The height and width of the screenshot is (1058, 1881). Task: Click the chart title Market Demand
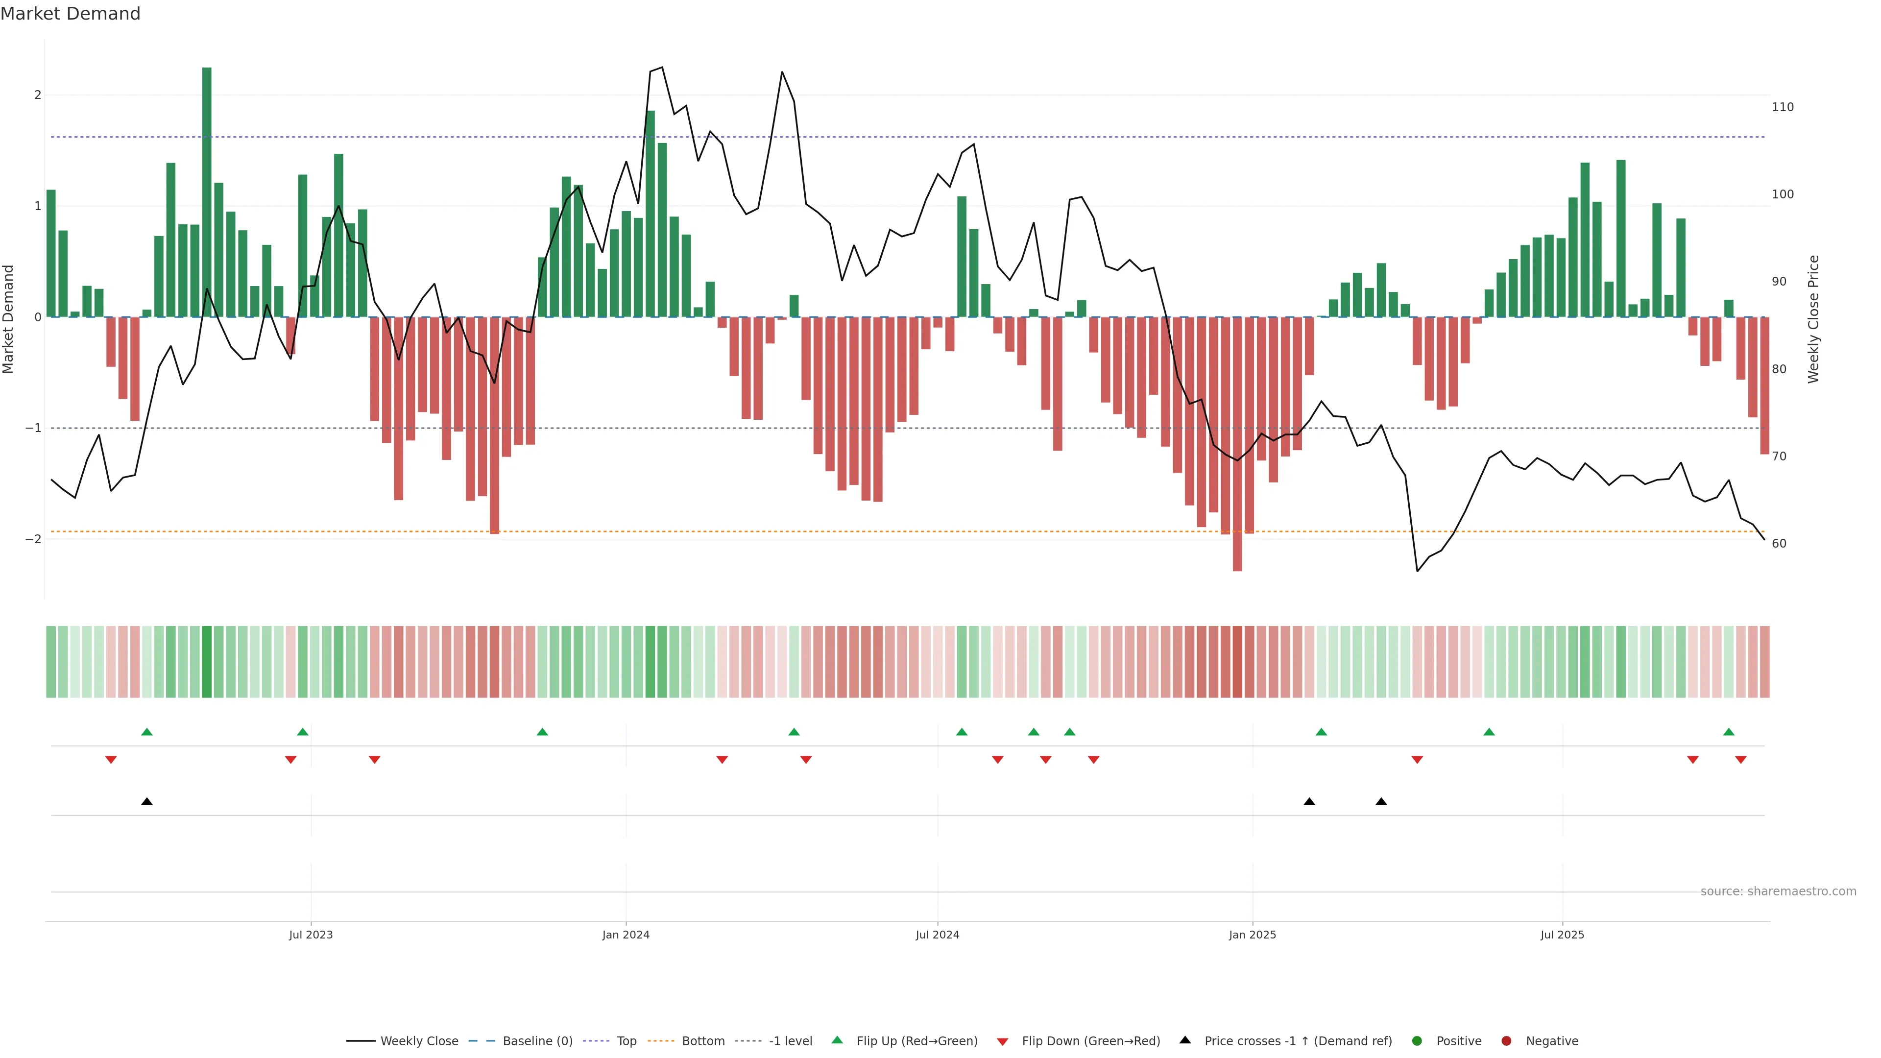click(x=70, y=14)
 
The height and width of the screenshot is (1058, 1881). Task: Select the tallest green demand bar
click(x=207, y=192)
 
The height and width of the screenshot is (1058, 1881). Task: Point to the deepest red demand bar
click(x=1237, y=443)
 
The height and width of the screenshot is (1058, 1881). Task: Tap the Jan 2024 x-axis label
click(x=626, y=935)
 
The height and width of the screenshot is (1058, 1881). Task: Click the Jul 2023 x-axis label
click(x=311, y=935)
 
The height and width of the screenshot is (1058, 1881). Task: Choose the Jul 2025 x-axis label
click(x=1562, y=935)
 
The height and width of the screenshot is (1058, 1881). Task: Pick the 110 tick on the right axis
click(x=1783, y=107)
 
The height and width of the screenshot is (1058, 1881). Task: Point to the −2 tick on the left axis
click(x=33, y=539)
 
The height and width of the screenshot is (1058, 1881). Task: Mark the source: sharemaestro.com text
click(x=1778, y=891)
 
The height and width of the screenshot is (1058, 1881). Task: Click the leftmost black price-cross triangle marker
click(x=147, y=802)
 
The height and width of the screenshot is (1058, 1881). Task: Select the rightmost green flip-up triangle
click(x=1728, y=732)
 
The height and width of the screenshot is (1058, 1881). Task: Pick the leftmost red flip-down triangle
click(x=111, y=760)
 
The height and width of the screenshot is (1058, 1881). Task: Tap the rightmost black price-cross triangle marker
click(x=1381, y=802)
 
